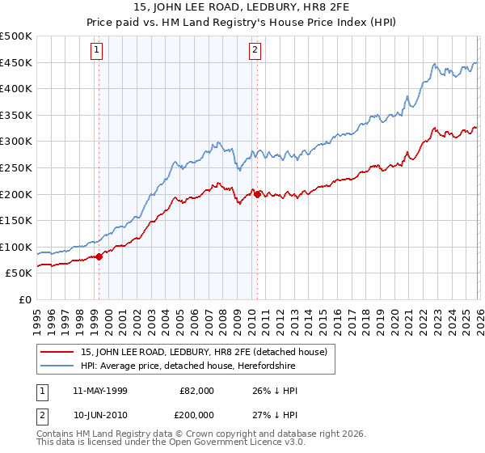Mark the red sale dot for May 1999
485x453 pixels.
tap(99, 256)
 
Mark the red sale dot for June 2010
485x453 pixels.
tap(257, 194)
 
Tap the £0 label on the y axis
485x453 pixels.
tap(24, 300)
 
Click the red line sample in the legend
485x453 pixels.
tap(58, 352)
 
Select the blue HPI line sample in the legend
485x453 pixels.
tap(58, 366)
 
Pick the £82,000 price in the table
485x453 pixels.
tap(197, 391)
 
